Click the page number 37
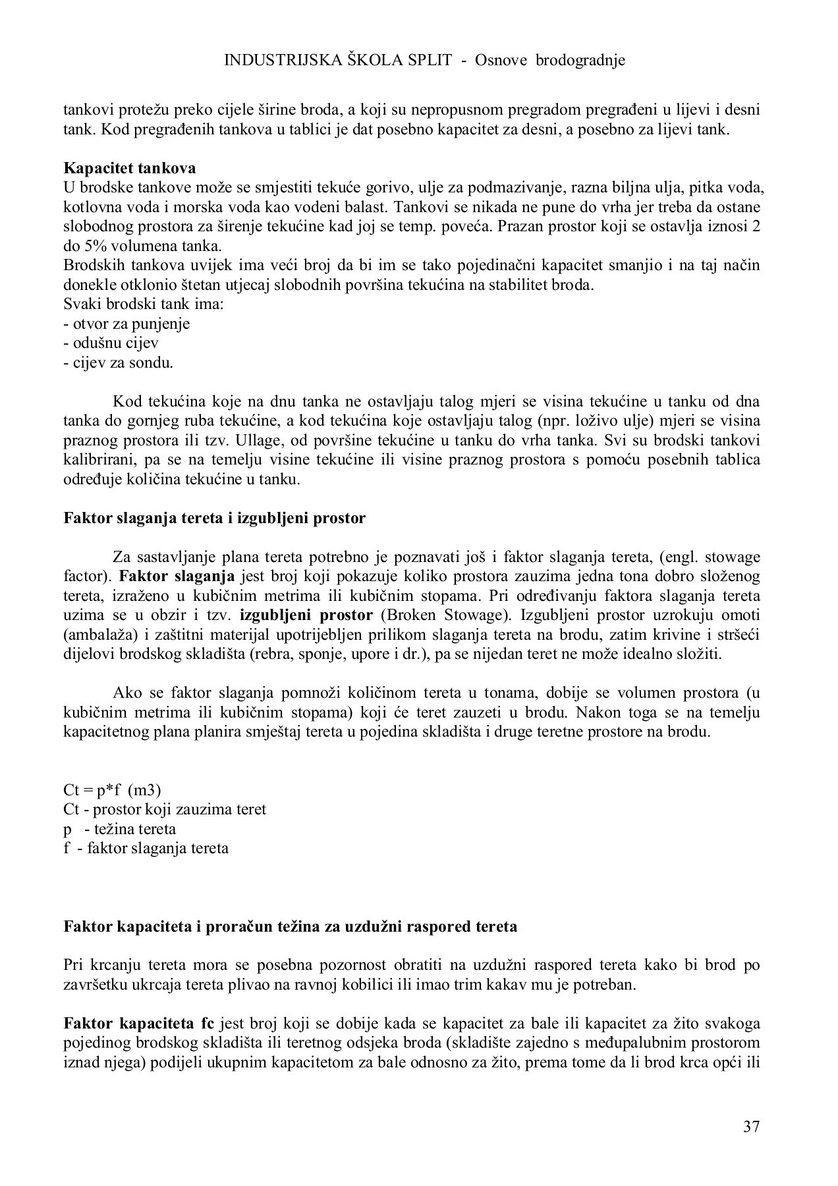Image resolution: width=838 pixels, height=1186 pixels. coord(751,1127)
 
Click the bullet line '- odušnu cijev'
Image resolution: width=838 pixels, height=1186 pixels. coord(111,343)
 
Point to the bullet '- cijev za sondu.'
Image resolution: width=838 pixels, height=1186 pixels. coord(118,362)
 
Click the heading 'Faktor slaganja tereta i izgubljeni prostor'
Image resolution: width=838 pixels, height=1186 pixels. coord(214,518)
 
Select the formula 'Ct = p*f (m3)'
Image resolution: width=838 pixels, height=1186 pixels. coord(112,789)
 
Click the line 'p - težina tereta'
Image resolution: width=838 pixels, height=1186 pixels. coord(120,828)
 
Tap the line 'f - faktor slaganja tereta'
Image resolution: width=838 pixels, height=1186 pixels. coord(146,848)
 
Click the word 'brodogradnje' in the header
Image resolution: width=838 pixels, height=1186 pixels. coord(580,60)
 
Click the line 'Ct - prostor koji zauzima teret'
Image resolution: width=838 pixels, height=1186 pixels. coord(165,808)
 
